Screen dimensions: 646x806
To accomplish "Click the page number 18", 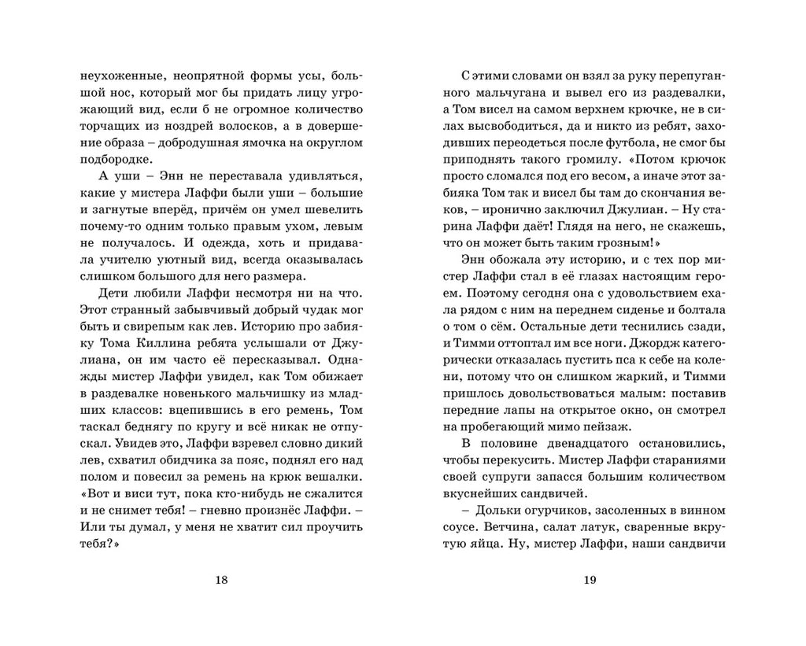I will pyautogui.click(x=220, y=581).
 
